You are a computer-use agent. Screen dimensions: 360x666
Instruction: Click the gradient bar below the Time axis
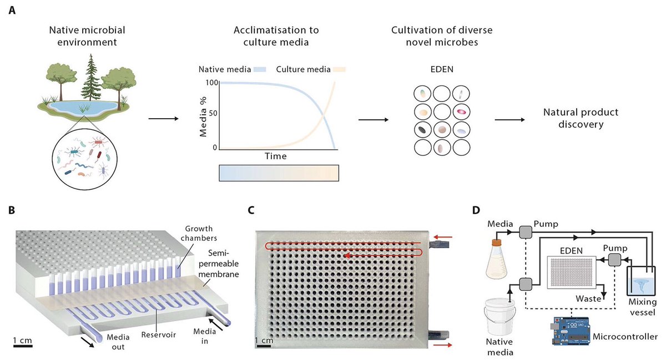tap(279, 173)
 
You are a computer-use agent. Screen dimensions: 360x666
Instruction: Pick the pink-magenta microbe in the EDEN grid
tap(461, 112)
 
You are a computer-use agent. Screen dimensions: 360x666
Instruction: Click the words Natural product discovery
tap(581, 118)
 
